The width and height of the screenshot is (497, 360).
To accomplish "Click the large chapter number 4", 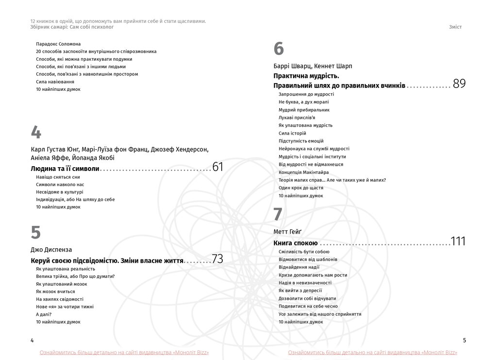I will pos(35,133).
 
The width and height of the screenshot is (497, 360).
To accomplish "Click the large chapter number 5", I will pos(35,233).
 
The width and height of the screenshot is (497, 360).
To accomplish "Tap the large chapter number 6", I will pos(278,49).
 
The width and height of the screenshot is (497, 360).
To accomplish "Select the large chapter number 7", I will pos(278,215).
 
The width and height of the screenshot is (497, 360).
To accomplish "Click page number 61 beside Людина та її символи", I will pos(217,168).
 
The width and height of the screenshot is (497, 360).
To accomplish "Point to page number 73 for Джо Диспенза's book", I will pos(217,259).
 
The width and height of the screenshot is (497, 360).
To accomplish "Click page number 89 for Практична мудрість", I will pos(459,84).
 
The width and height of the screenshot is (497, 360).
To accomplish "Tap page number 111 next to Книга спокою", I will pos(458,241).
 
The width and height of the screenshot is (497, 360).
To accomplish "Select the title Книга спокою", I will pos(296,243).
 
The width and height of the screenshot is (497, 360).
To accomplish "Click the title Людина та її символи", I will pos(65,169).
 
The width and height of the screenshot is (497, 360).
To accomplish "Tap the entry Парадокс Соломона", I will pos(58,44).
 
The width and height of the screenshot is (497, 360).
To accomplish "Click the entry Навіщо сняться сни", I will pos(58,177).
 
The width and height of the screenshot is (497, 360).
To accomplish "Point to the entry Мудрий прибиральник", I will pos(304,110).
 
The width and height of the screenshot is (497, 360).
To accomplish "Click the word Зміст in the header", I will pos(455,27).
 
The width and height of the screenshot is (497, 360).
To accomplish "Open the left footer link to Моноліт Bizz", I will pos(124,352).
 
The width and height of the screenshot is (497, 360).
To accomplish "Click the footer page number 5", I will pos(464,340).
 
